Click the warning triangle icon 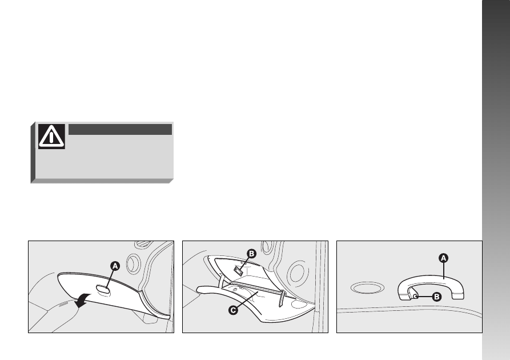click(51, 137)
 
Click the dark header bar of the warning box click(120, 129)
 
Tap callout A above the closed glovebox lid click(115, 266)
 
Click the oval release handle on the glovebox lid click(102, 289)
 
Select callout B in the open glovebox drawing click(251, 254)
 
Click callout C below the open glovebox click(233, 310)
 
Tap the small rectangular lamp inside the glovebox click(239, 270)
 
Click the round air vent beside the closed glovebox click(133, 263)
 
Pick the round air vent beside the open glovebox click(298, 273)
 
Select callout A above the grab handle click(443, 258)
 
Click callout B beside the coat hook click(436, 297)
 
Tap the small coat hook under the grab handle click(414, 294)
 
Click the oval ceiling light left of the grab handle click(367, 288)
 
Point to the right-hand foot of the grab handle click(457, 296)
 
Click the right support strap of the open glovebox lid click(282, 298)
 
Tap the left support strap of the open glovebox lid click(222, 281)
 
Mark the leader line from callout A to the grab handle click(444, 271)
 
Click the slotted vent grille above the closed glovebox click(142, 243)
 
